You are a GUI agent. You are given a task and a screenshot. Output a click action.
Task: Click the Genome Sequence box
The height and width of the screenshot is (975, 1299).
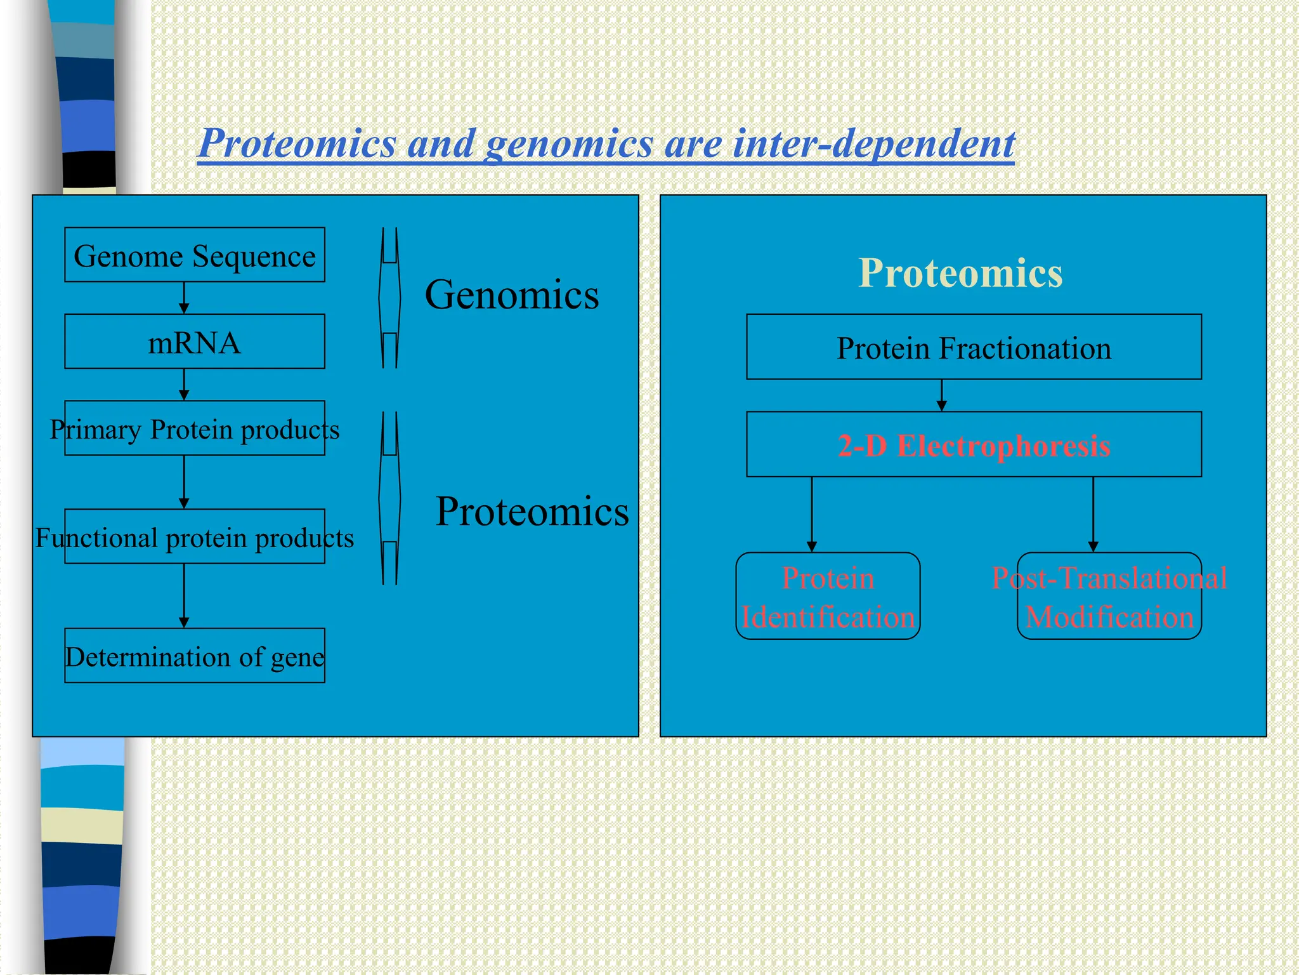(195, 255)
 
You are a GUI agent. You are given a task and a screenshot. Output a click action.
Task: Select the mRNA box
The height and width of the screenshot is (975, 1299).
(195, 342)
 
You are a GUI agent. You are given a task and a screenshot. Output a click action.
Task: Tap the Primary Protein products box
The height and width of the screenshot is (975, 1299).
(195, 429)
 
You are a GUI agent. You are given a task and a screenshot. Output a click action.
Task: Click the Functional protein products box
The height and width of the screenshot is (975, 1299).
(195, 537)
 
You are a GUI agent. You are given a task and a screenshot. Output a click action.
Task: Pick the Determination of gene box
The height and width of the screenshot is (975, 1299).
(195, 656)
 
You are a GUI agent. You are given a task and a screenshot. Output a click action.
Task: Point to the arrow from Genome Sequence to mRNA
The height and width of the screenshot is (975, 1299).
(184, 298)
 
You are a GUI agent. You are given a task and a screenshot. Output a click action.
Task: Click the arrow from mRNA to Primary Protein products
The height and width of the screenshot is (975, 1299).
(184, 385)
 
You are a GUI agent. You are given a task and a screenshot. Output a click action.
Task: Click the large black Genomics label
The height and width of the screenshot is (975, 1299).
(511, 295)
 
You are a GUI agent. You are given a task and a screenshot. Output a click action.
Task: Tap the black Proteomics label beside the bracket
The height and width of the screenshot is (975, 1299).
(532, 511)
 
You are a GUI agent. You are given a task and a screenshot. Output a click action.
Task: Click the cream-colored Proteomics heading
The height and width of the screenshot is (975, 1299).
(960, 273)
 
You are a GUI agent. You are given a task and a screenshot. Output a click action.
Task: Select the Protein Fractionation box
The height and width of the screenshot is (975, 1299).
(974, 347)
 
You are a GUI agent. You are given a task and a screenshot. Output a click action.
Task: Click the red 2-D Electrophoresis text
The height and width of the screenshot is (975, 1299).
(974, 446)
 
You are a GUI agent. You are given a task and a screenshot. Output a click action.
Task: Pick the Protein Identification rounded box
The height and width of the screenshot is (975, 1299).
(828, 597)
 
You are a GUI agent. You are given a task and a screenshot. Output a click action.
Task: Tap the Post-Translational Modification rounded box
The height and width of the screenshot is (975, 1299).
(1109, 597)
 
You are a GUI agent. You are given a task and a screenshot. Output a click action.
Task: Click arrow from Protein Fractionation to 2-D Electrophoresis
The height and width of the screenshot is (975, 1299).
(941, 395)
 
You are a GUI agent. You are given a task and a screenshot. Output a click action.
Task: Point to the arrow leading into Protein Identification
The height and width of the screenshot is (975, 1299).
(811, 514)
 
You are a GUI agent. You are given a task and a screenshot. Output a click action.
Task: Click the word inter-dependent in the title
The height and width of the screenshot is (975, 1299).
(873, 143)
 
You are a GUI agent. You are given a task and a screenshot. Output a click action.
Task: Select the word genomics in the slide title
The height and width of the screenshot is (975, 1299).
(569, 143)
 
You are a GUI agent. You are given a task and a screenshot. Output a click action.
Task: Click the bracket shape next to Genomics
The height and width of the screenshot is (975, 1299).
(389, 298)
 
